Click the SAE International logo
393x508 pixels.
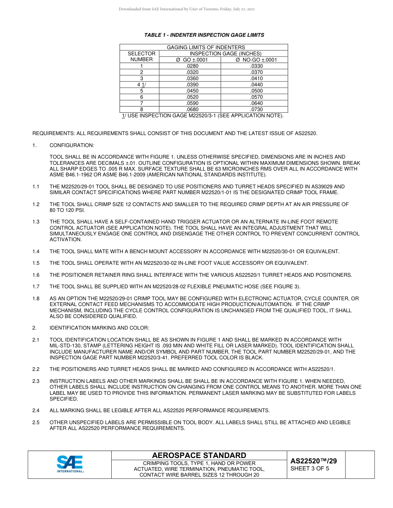[70, 464]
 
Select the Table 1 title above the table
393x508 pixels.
[204, 35]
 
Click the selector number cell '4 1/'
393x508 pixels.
[141, 85]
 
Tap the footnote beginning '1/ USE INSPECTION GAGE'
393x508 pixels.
[203, 116]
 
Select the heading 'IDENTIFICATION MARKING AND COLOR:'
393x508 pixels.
[99, 328]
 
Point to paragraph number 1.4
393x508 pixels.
[36, 252]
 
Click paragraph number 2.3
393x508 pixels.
[36, 381]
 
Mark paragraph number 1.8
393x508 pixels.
[36, 299]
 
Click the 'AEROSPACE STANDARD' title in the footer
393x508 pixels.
[199, 456]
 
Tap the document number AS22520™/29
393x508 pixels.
[314, 461]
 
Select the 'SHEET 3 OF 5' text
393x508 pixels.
[310, 468]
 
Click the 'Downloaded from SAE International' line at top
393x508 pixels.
[187, 9]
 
